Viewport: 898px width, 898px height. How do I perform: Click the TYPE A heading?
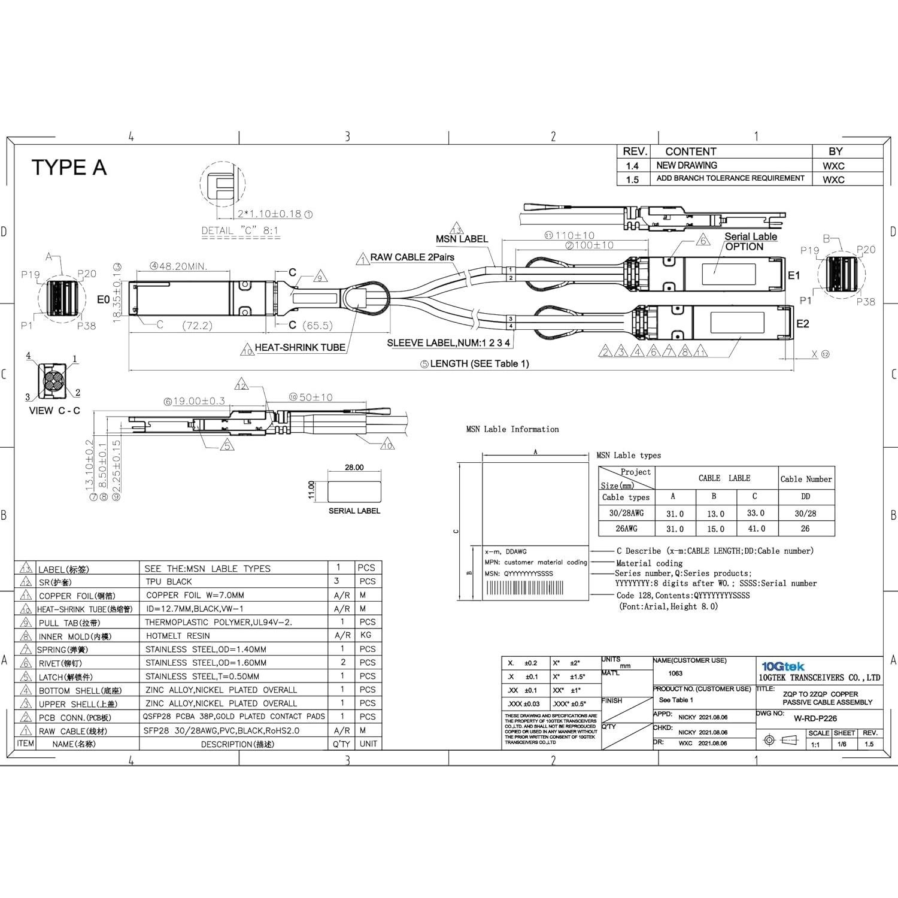tap(69, 168)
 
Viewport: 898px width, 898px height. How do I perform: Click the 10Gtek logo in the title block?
tap(782, 666)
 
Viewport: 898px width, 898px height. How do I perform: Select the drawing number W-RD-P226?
tap(815, 718)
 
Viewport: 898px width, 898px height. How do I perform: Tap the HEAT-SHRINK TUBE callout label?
tap(299, 348)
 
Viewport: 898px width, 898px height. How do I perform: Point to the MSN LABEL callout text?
tap(462, 239)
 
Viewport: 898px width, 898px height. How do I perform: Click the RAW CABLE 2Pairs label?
tap(412, 257)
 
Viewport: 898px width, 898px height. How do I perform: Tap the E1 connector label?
tap(794, 275)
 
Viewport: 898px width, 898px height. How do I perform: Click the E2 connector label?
tap(802, 324)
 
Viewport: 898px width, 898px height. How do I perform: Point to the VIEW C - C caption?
tap(54, 411)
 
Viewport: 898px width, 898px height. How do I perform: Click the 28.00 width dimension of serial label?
tap(354, 468)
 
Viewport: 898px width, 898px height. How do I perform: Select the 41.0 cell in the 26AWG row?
tap(756, 529)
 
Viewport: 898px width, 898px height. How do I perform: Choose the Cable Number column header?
tap(806, 479)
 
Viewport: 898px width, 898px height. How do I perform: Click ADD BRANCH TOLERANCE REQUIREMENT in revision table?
tap(730, 178)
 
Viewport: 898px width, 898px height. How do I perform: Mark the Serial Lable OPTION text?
tap(750, 241)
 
